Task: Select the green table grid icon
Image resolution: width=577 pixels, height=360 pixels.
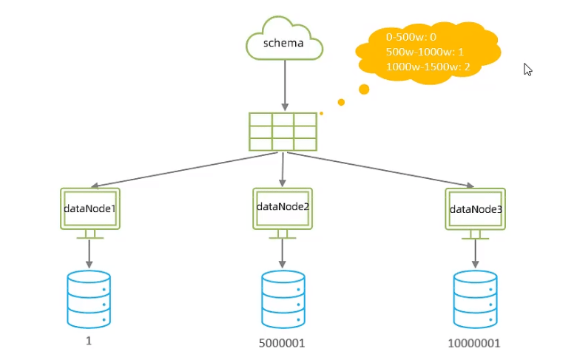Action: [283, 131]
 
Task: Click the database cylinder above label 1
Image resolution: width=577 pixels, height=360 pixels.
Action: [89, 299]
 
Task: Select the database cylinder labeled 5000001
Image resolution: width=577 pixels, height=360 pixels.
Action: [283, 299]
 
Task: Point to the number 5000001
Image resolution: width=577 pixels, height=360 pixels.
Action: [283, 344]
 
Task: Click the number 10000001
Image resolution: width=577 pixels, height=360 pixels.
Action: [474, 344]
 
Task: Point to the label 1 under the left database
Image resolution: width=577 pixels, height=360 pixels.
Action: [89, 342]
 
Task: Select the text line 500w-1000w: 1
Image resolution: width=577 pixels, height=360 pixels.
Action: [425, 52]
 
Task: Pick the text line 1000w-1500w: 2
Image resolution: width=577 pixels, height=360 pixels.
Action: [428, 67]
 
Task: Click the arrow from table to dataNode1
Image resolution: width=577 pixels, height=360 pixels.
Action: [185, 169]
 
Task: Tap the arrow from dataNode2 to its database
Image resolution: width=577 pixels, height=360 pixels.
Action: [283, 253]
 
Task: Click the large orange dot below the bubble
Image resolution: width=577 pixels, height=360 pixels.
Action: [364, 89]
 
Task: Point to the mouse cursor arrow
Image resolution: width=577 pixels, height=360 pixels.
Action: [527, 69]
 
